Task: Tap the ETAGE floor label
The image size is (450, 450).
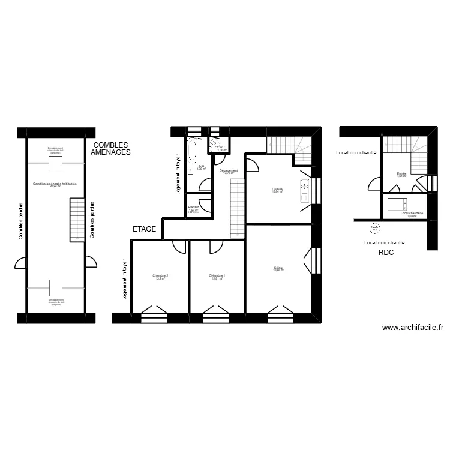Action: point(145,229)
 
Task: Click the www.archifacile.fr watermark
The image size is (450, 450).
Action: point(412,328)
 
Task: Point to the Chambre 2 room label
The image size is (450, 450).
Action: point(161,277)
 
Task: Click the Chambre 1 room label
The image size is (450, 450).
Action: point(217,277)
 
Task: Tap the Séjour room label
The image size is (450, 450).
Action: point(278,269)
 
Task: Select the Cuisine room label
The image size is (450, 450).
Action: point(277,190)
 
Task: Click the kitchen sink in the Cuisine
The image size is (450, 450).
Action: point(305,190)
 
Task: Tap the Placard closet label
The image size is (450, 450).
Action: point(193,209)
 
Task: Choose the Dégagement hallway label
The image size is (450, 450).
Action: point(229,172)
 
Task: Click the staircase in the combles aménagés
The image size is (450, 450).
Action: point(78,220)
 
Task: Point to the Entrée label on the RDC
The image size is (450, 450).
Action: point(401,175)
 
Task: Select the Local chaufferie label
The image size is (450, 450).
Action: point(412,214)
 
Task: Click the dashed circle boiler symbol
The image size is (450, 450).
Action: point(374,227)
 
